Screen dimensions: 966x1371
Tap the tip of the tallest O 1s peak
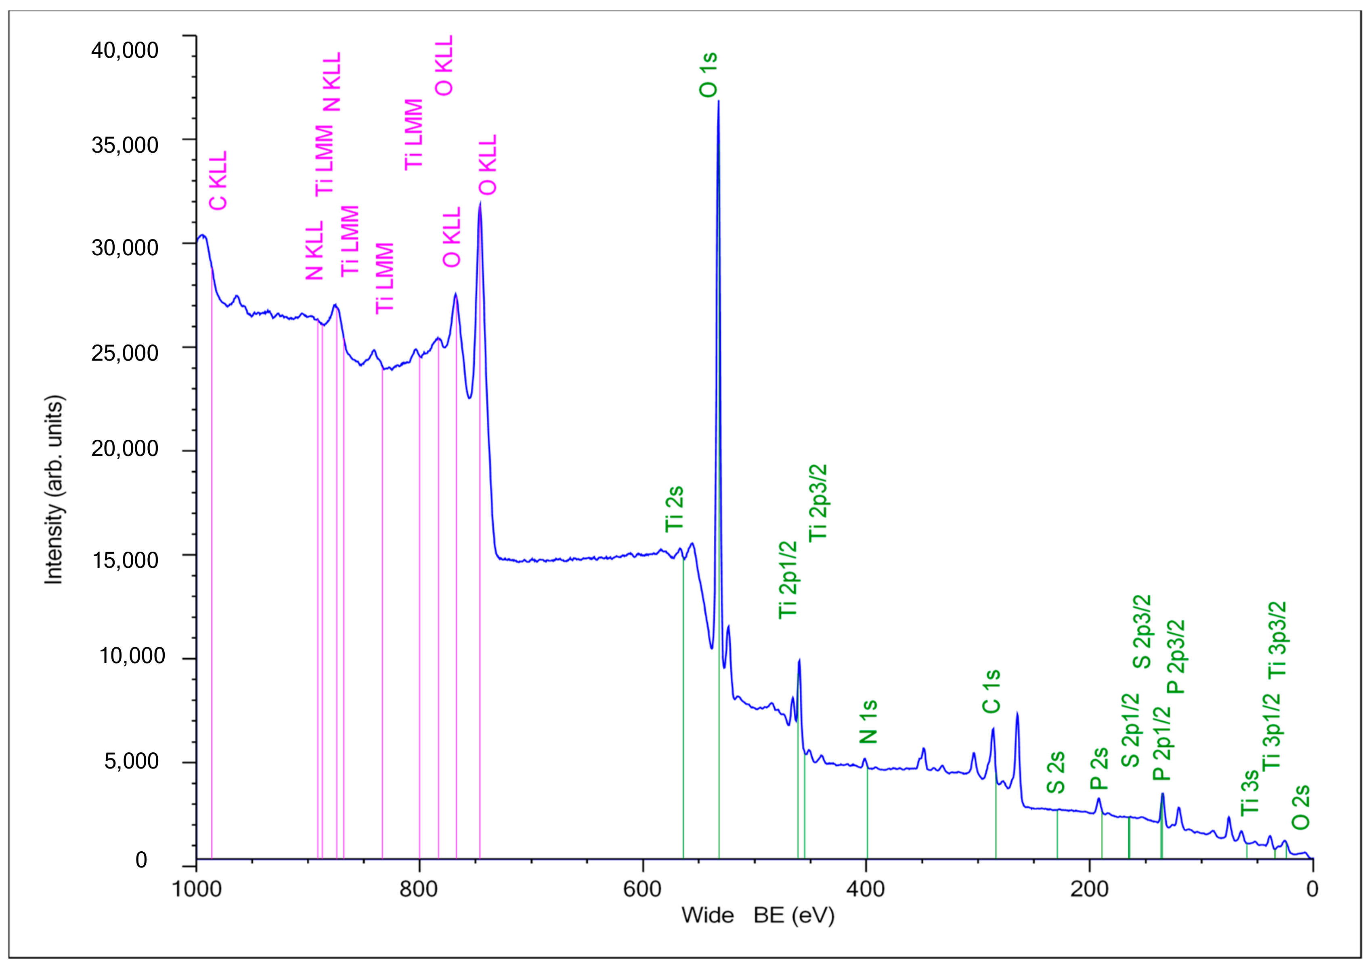pyautogui.click(x=718, y=101)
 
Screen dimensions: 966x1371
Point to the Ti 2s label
pyautogui.click(x=674, y=509)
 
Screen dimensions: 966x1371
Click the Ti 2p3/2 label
pyautogui.click(x=818, y=503)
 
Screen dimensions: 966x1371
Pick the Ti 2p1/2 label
pyautogui.click(x=788, y=580)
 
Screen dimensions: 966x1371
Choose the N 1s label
pyautogui.click(x=868, y=722)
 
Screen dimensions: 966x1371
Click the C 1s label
pyautogui.click(x=991, y=692)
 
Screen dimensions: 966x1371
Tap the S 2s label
pyautogui.click(x=1056, y=773)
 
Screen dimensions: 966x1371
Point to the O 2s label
pyautogui.click(x=1300, y=807)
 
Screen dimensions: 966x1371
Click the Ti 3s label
pyautogui.click(x=1250, y=793)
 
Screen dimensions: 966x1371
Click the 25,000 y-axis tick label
pyautogui.click(x=125, y=353)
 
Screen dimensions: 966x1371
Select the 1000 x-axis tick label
pyautogui.click(x=197, y=889)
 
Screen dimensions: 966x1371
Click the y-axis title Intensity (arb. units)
pyautogui.click(x=54, y=490)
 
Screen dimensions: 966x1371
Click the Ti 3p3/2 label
pyautogui.click(x=1277, y=640)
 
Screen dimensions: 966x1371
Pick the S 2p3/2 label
pyautogui.click(x=1142, y=632)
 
